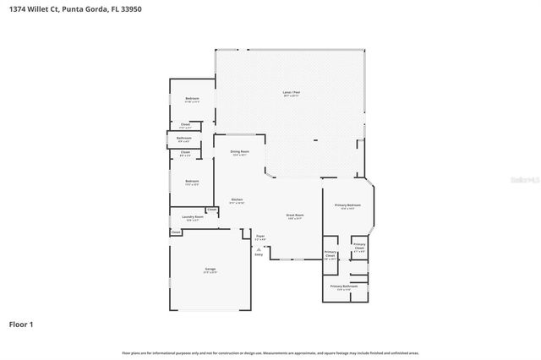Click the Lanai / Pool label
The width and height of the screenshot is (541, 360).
pos(292,93)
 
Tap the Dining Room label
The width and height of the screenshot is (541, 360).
pos(240,152)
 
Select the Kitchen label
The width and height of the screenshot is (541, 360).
pos(238,200)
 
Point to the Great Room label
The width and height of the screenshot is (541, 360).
pos(294,215)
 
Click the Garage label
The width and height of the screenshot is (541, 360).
pos(209,270)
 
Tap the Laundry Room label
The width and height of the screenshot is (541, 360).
pos(193,218)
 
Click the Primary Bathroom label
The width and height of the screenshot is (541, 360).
pos(345,286)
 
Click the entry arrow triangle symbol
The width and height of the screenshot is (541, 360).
pos(259,248)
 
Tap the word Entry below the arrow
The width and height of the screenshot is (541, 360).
pos(259,254)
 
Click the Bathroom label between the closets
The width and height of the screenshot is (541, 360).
pos(184,138)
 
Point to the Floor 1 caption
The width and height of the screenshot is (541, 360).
pos(21,324)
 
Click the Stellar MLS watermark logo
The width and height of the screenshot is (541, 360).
pos(523,179)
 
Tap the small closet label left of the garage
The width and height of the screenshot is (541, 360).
pos(176,232)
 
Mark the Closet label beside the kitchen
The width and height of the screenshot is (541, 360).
pos(211,210)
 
